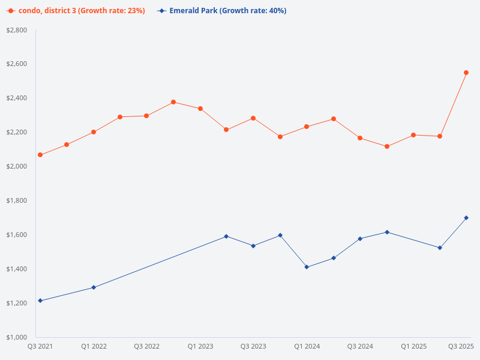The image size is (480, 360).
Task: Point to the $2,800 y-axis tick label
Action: click(x=16, y=30)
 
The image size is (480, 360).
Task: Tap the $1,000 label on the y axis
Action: click(x=16, y=337)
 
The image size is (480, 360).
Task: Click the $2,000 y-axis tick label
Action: click(x=16, y=166)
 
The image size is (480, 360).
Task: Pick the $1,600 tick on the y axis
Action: click(x=16, y=235)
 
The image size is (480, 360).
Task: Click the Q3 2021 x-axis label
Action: click(x=40, y=347)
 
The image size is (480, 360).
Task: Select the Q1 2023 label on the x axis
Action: click(x=200, y=347)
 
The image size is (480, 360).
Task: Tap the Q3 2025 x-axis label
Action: click(x=461, y=347)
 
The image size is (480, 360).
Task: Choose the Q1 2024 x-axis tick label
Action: click(x=307, y=347)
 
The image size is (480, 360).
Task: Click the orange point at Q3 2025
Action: click(x=466, y=73)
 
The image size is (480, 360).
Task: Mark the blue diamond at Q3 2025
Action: click(x=466, y=218)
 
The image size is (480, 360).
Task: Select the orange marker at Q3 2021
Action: click(x=40, y=155)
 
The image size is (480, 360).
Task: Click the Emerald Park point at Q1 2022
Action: click(x=94, y=287)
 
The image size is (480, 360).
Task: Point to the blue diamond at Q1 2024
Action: click(x=307, y=267)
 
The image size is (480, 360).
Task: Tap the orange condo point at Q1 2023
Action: click(x=200, y=109)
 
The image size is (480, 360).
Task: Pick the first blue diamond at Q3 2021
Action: click(x=40, y=301)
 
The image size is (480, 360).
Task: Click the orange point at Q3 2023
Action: click(x=253, y=118)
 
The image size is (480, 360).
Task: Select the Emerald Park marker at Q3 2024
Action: click(x=360, y=239)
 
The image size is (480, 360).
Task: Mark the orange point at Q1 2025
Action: click(x=413, y=135)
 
